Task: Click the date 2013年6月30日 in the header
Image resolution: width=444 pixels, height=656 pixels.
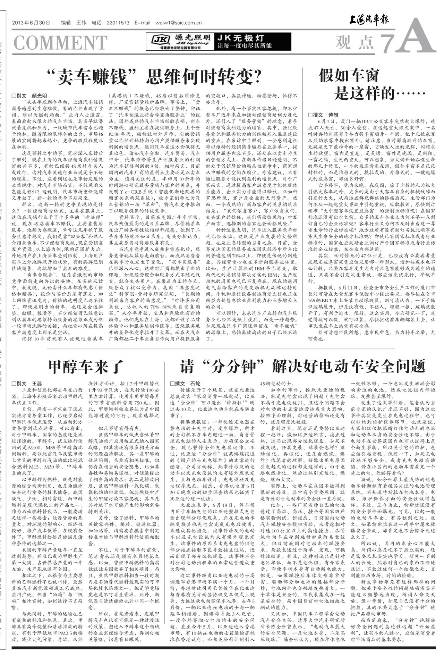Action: point(31,23)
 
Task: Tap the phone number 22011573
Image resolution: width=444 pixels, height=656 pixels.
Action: point(118,23)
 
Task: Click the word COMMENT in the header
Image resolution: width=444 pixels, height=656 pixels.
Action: point(60,43)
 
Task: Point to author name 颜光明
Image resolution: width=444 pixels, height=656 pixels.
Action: point(39,96)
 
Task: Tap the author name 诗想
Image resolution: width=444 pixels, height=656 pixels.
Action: point(333,115)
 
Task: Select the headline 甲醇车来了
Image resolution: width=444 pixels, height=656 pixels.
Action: point(85,366)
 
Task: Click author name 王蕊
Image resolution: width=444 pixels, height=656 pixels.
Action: point(37,384)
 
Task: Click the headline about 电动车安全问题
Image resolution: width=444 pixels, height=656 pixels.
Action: point(302,366)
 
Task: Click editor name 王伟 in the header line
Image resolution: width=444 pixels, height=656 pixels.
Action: point(81,23)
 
